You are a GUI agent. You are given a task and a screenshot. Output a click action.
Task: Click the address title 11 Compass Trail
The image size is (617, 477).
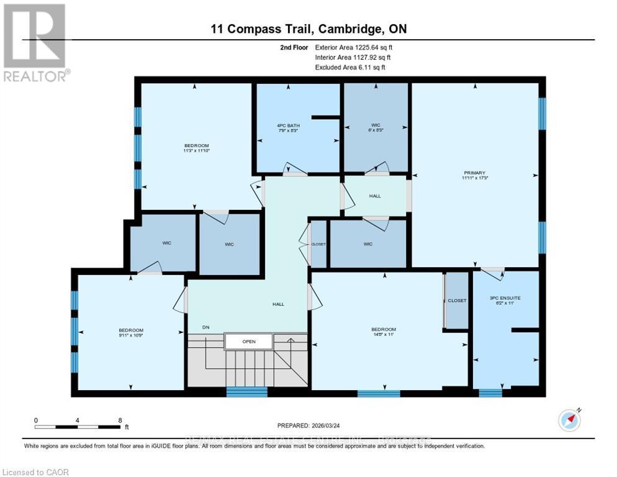click(308, 29)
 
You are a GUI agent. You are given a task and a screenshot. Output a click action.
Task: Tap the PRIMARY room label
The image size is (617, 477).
click(474, 173)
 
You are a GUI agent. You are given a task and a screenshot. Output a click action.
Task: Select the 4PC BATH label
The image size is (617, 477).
click(288, 126)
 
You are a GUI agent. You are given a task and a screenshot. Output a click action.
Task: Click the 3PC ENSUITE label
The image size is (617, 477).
click(505, 298)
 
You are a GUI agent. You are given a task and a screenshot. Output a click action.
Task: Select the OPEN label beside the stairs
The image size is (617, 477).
click(248, 342)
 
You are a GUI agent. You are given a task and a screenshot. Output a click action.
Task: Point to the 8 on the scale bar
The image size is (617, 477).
click(120, 420)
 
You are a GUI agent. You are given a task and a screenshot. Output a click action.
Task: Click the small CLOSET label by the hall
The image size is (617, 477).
click(318, 245)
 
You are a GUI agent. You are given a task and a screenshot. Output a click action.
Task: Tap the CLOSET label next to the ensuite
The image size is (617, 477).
click(457, 301)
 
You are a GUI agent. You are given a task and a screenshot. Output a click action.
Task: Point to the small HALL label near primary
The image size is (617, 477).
click(375, 196)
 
